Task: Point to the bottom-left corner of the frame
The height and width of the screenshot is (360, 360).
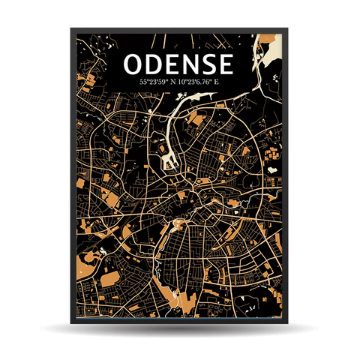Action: click(73, 323)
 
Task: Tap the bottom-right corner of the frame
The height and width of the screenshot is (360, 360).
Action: click(287, 323)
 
